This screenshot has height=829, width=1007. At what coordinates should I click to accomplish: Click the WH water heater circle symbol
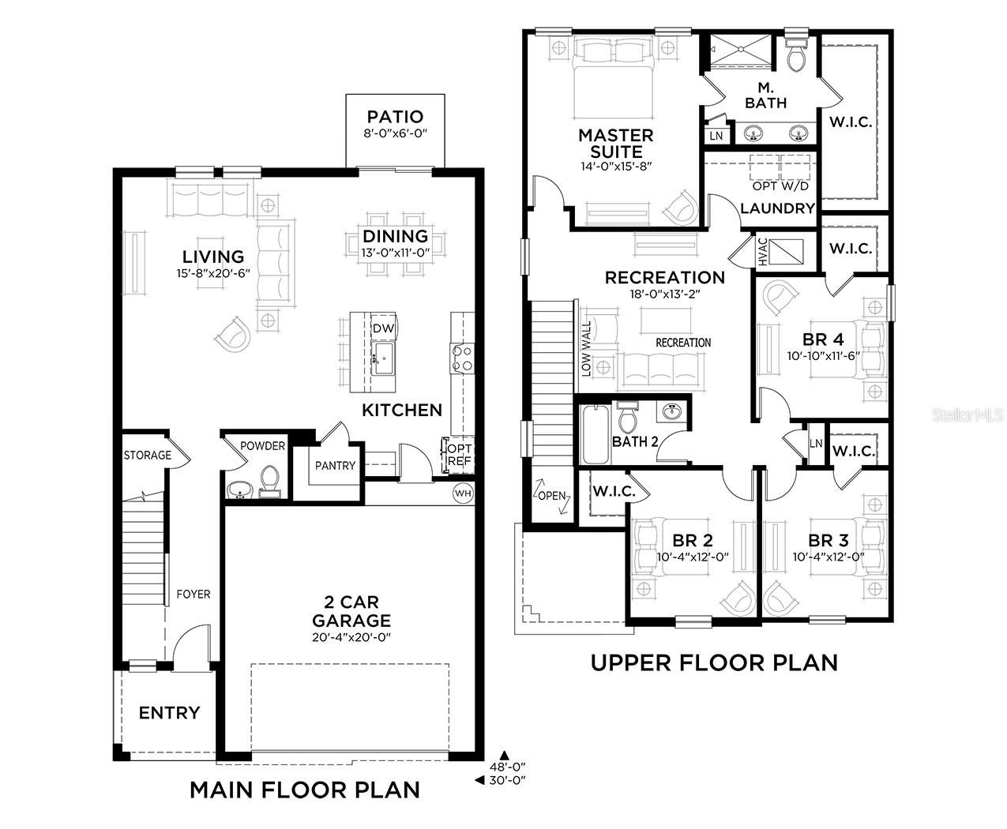(462, 493)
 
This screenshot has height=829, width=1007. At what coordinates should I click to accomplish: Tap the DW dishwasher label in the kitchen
(383, 328)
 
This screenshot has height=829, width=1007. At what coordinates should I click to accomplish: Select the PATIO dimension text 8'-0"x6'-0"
(395, 134)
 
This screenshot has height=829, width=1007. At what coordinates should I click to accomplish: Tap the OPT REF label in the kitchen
(459, 455)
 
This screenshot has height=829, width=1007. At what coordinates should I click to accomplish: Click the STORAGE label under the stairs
(147, 455)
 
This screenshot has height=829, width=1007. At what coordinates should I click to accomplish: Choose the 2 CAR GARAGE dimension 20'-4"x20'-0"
(351, 637)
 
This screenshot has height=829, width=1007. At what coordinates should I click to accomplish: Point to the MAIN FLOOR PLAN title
(305, 790)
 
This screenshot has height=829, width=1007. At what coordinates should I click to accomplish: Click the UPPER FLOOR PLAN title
(714, 662)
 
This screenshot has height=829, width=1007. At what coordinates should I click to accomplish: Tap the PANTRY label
(335, 465)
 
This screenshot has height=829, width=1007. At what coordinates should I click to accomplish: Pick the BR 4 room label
(823, 339)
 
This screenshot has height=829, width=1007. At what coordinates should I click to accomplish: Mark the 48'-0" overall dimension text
(506, 766)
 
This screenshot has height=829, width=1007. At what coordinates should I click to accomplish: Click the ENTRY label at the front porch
(169, 713)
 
